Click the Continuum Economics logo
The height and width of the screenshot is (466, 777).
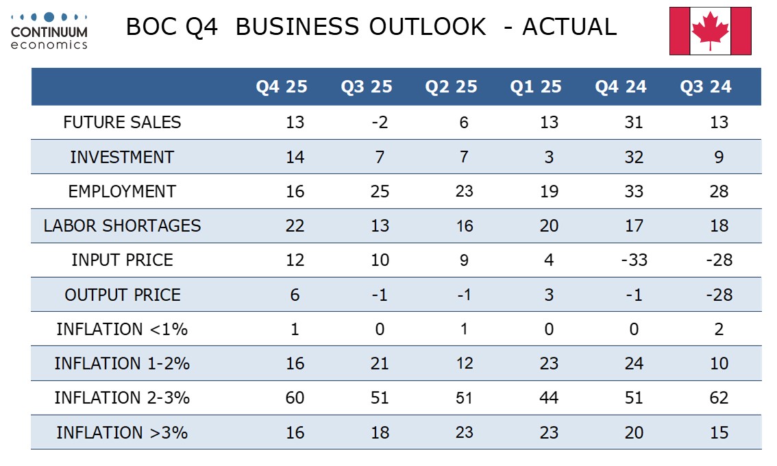[x=49, y=30]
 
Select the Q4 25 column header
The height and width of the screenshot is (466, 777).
[x=282, y=86]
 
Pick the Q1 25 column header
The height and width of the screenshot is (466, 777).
[x=536, y=86]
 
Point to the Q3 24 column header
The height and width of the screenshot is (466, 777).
[x=706, y=86]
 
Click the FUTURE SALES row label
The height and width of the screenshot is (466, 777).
[x=122, y=123]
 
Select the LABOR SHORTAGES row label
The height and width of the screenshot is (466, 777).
[x=122, y=225]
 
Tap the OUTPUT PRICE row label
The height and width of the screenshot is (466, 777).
[x=122, y=295]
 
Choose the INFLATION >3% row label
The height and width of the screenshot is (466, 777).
[x=122, y=432]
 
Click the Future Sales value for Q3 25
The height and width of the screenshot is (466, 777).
[x=380, y=123]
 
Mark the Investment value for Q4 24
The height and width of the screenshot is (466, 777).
[x=634, y=157]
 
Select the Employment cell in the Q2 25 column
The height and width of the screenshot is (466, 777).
[x=465, y=191]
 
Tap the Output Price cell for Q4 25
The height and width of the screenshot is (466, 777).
[x=295, y=295]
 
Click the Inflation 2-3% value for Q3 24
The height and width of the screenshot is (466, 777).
[x=719, y=398]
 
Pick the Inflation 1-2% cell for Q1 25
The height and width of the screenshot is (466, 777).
[x=549, y=363]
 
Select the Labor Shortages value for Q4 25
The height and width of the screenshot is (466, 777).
[x=295, y=225]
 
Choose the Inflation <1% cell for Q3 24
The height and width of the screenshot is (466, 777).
[x=719, y=329]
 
